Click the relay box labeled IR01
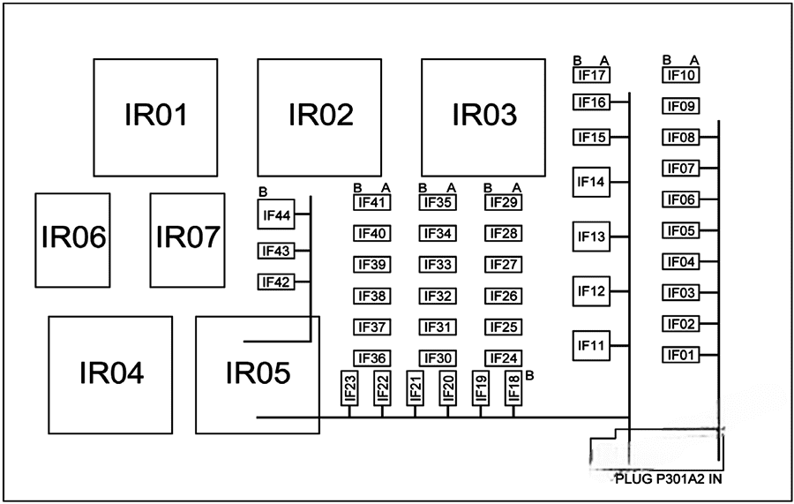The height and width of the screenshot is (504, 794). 154,117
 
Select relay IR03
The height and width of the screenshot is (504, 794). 483,117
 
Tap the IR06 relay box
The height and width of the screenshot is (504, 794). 73,239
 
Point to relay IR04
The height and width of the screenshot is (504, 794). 110,374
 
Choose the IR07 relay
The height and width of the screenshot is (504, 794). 187,239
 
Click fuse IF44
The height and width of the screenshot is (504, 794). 275,214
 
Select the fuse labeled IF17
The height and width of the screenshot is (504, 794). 590,76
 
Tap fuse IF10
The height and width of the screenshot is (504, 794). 681,76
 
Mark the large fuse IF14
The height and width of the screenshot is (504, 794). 590,183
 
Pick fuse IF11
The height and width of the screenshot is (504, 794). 590,345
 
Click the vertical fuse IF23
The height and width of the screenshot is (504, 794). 349,387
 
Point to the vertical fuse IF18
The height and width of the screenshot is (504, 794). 513,387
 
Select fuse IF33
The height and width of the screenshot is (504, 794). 438,265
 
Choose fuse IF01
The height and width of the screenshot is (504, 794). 681,355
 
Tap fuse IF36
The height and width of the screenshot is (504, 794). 372,358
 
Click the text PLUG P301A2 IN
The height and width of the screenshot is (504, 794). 670,479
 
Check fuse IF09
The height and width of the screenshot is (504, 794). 681,107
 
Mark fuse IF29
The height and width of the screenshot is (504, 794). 503,203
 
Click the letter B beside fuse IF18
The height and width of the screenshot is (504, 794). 529,376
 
